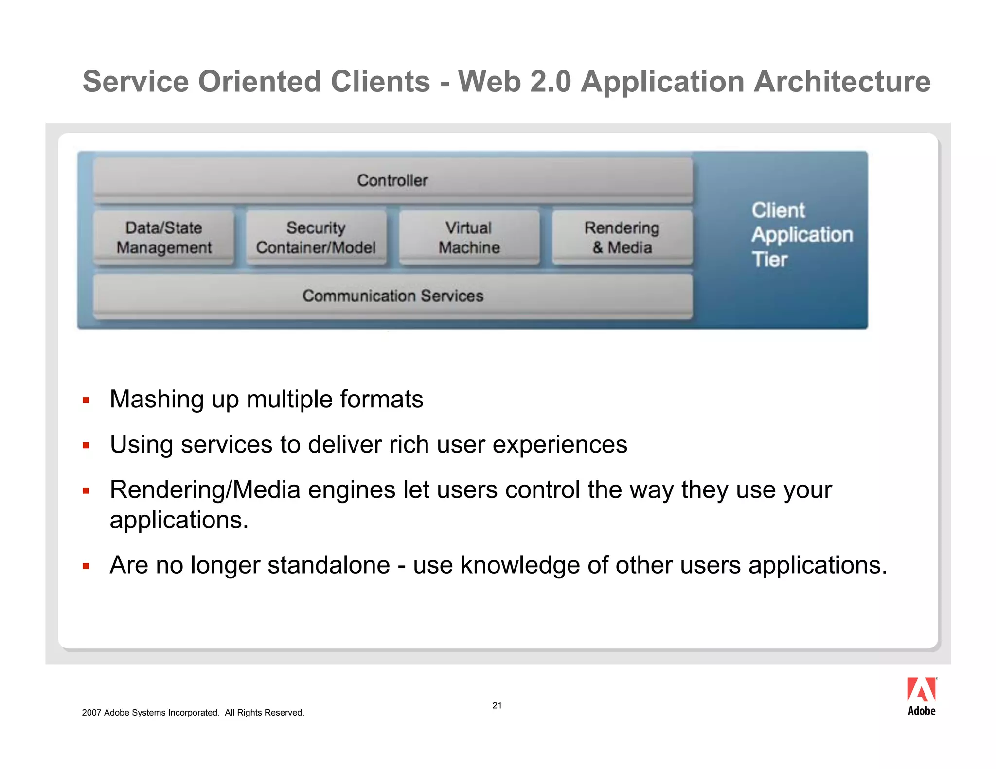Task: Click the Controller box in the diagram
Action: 392,180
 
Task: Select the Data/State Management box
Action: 164,238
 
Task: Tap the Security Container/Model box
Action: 316,238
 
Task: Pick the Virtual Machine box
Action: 469,238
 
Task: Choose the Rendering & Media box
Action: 622,238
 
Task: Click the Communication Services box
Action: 392,296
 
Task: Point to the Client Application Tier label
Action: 801,235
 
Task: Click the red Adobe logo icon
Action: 921,690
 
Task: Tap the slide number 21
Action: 497,705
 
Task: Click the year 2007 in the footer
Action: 91,713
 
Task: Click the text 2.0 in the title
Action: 551,81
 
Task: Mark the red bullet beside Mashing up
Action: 86,401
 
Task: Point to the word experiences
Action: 560,445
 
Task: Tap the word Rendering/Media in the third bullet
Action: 205,490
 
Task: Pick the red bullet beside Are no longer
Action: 86,566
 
